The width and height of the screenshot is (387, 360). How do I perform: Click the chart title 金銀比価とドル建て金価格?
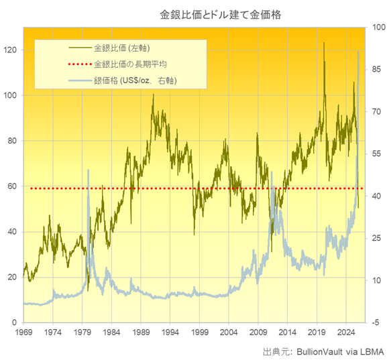point(194,13)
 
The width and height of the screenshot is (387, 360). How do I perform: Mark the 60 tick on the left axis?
point(12,186)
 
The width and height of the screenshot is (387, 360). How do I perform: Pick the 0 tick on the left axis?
point(15,322)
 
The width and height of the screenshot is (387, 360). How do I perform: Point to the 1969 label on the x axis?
point(23,332)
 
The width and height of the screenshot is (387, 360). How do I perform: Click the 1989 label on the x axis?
point(141,332)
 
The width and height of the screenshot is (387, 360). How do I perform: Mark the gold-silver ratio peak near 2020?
point(324,44)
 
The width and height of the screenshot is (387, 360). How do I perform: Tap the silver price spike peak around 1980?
point(88,170)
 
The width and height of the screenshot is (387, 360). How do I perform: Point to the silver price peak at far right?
point(358,52)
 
